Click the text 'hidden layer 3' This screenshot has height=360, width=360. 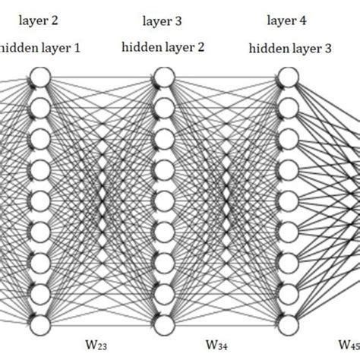[x=289, y=49]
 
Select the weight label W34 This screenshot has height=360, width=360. [x=227, y=346]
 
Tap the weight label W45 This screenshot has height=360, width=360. [x=349, y=346]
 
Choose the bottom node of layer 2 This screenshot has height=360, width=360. [x=40, y=324]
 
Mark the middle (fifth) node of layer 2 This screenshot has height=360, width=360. [x=40, y=201]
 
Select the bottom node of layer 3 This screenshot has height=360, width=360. [x=163, y=324]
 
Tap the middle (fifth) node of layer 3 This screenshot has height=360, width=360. [x=163, y=201]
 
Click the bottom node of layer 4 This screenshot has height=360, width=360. [x=287, y=324]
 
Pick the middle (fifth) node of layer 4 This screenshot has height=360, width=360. [x=287, y=201]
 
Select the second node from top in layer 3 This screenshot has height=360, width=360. [x=163, y=109]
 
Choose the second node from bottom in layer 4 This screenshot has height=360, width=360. [x=287, y=294]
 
